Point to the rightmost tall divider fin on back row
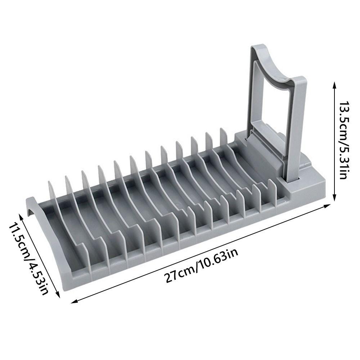click(222, 139)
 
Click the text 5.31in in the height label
click(342, 162)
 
